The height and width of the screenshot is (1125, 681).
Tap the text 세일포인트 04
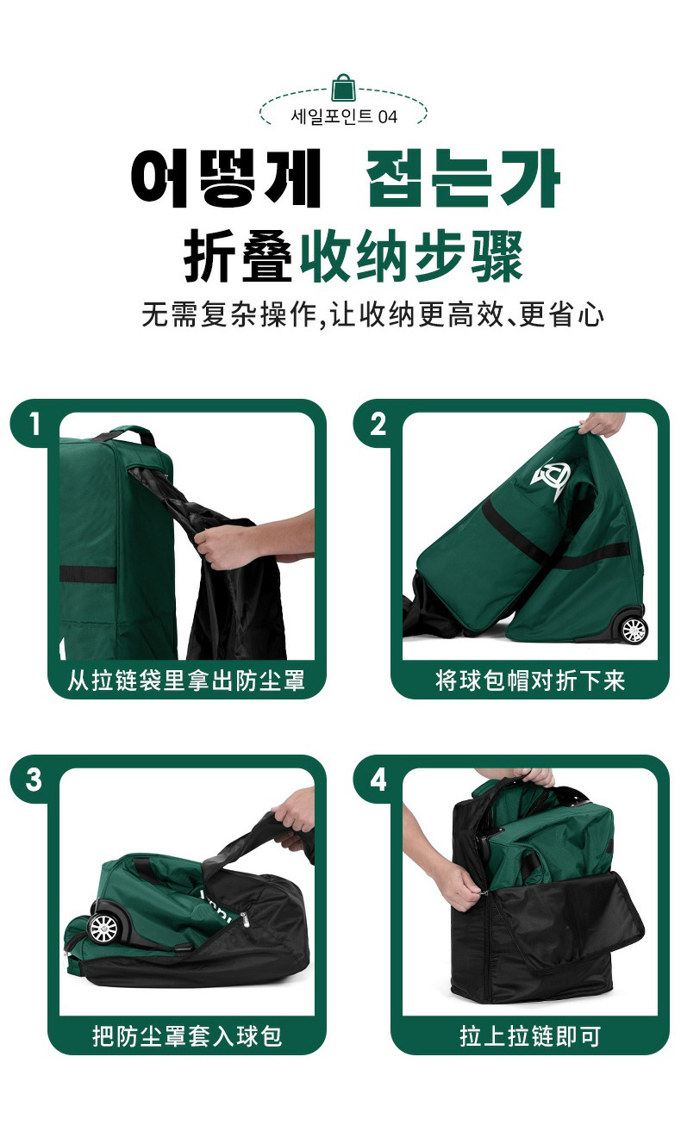[x=344, y=116]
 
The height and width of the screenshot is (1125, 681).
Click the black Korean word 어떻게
[x=226, y=177]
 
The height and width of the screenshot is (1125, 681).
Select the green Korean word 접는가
[x=464, y=177]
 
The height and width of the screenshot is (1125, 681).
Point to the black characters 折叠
[x=238, y=256]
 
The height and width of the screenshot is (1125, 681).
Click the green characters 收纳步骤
[x=411, y=256]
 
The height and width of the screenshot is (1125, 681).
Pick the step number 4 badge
[x=378, y=780]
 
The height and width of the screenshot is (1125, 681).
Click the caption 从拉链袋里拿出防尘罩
[x=186, y=681]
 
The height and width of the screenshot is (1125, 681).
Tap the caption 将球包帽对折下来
[x=530, y=681]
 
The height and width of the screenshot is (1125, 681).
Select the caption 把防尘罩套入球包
[x=186, y=1036]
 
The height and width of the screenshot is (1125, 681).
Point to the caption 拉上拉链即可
[x=530, y=1036]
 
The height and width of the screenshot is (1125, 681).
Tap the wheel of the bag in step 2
[x=634, y=629]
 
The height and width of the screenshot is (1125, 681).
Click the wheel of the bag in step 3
[x=104, y=928]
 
